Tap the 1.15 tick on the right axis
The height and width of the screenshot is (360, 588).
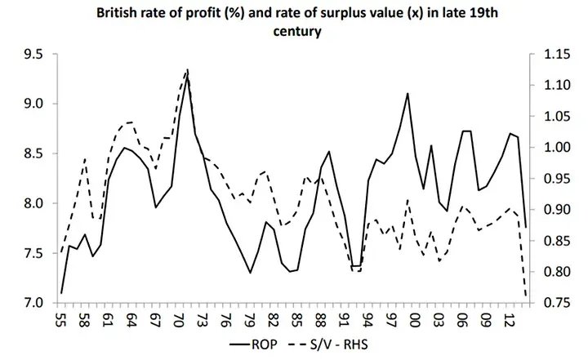tap(546, 55)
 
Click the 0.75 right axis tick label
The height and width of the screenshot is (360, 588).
tap(546, 303)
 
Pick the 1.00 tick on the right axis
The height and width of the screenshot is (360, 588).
tap(546, 148)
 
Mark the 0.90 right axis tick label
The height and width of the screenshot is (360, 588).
tap(546, 210)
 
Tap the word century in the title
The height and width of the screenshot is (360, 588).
tap(292, 33)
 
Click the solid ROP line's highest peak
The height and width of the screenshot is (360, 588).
tap(188, 70)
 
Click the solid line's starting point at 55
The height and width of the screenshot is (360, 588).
tap(60, 293)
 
